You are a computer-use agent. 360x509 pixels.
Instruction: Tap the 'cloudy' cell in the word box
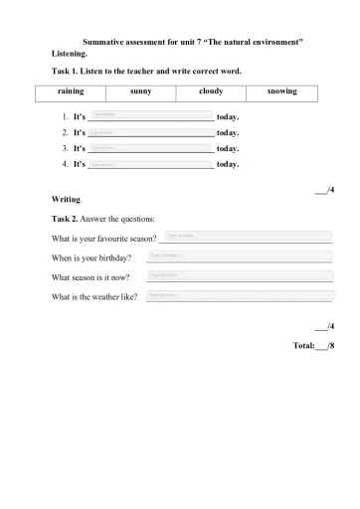(211, 91)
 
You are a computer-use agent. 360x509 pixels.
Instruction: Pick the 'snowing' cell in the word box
(281, 91)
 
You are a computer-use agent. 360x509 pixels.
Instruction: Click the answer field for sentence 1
(151, 115)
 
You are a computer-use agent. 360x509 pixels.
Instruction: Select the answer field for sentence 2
(151, 131)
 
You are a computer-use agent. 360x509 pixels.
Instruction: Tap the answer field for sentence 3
(151, 147)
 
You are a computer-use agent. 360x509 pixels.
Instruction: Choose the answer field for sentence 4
(151, 163)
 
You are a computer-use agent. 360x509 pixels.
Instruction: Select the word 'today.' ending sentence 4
(228, 164)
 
